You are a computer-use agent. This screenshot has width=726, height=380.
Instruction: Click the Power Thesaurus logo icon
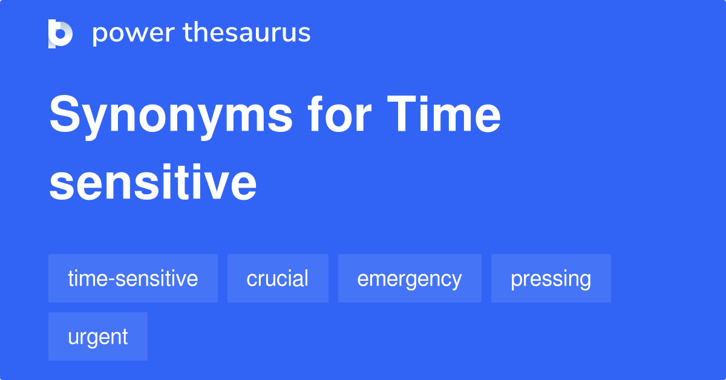pyautogui.click(x=60, y=34)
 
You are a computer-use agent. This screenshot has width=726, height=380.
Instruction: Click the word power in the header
pyautogui.click(x=134, y=34)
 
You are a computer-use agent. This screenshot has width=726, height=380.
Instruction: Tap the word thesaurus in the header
pyautogui.click(x=247, y=32)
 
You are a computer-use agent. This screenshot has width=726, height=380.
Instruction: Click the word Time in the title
pyautogui.click(x=443, y=114)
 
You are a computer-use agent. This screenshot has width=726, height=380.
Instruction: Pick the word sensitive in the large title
pyautogui.click(x=153, y=183)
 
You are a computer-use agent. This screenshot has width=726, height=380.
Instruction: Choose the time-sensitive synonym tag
pyautogui.click(x=133, y=278)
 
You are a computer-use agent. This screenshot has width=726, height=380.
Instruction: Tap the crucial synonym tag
pyautogui.click(x=278, y=278)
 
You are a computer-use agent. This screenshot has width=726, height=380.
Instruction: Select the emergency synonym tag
pyautogui.click(x=410, y=278)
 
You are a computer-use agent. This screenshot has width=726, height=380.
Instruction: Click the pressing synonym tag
pyautogui.click(x=551, y=278)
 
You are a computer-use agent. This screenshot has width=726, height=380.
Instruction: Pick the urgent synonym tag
pyautogui.click(x=98, y=336)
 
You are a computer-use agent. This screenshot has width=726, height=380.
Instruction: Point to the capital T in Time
pyautogui.click(x=403, y=114)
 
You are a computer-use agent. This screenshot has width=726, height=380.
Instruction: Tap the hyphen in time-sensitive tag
pyautogui.click(x=111, y=280)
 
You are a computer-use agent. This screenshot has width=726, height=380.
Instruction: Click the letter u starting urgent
pyautogui.click(x=74, y=338)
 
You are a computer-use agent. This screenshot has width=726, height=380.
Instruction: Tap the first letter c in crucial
pyautogui.click(x=252, y=279)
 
